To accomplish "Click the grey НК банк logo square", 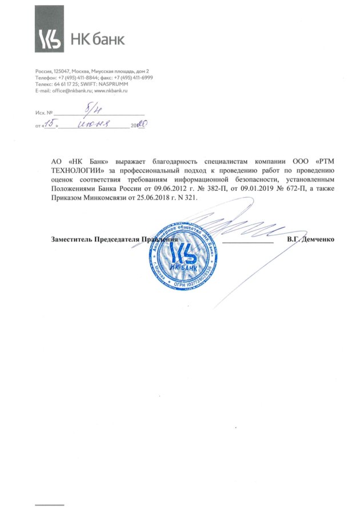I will tap(51, 39).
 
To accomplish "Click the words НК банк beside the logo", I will tap(97, 39).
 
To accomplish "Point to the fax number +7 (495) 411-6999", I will tap(133, 77).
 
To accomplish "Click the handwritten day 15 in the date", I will tap(50, 123).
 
